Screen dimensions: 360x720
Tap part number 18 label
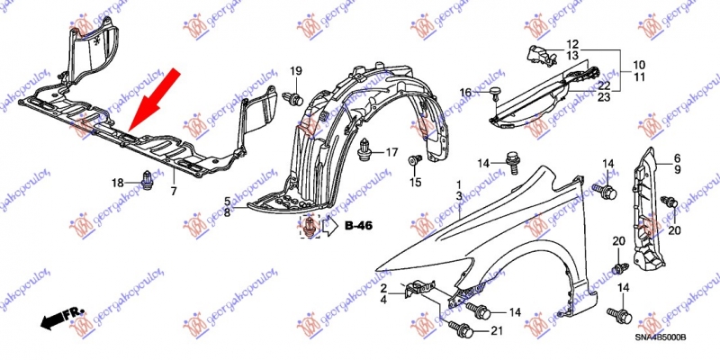tap(118, 184)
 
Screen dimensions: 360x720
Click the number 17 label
tap(391, 151)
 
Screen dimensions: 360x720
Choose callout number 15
tap(416, 183)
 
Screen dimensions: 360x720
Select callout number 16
tap(465, 94)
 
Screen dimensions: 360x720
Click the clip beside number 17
tap(364, 149)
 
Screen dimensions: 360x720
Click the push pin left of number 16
tap(495, 93)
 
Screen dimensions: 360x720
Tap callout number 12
tap(573, 44)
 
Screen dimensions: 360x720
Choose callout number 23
tap(604, 96)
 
